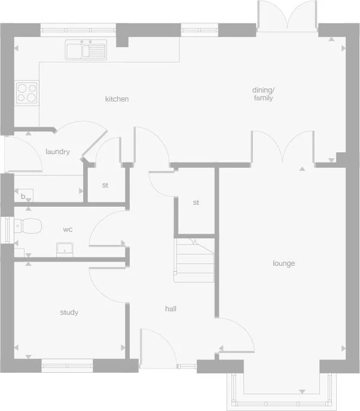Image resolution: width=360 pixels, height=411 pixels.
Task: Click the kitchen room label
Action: [x=117, y=99]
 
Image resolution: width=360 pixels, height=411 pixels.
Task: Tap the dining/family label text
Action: [x=263, y=94]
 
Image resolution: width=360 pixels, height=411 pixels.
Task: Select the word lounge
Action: [x=284, y=263]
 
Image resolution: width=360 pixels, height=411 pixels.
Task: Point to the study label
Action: [x=69, y=312]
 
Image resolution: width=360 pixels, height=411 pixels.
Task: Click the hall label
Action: [x=170, y=309]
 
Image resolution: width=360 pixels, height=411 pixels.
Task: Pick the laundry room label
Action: [x=57, y=152]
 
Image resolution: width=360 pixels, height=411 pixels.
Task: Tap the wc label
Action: [x=68, y=229]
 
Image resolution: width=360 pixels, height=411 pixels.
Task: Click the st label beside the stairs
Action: [x=196, y=203]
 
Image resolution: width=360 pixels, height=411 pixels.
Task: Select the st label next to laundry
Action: [x=105, y=185]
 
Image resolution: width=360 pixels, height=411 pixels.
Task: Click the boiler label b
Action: [x=23, y=196]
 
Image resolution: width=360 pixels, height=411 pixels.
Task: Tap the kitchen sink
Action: [x=86, y=50]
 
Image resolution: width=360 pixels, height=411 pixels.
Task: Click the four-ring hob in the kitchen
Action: [x=26, y=92]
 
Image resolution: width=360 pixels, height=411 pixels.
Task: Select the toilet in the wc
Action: [x=28, y=226]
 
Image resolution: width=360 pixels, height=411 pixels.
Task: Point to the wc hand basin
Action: [x=65, y=248]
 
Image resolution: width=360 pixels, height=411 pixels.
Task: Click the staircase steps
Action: [x=194, y=261]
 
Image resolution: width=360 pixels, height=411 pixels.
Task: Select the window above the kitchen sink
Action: [x=78, y=27]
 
